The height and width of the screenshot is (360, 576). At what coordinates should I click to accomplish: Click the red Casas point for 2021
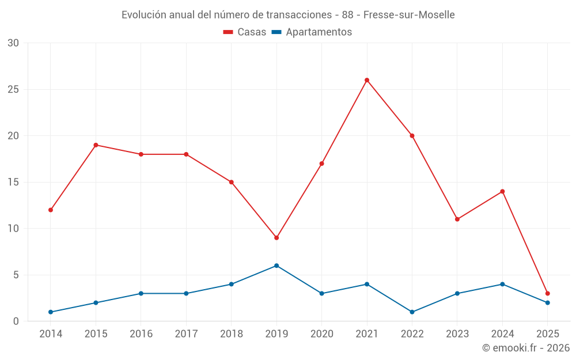pyautogui.click(x=367, y=80)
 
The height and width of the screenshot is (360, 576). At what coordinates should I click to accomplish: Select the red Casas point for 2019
pyautogui.click(x=276, y=238)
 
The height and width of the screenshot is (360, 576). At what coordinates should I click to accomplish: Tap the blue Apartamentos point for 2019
pyautogui.click(x=276, y=266)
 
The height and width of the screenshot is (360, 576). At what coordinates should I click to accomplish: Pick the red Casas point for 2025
pyautogui.click(x=547, y=293)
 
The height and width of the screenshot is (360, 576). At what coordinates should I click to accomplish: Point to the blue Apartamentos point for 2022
pyautogui.click(x=412, y=312)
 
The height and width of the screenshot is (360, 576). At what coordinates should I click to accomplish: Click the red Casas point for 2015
pyautogui.click(x=96, y=145)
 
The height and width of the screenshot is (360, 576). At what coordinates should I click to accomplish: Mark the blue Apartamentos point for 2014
pyautogui.click(x=51, y=312)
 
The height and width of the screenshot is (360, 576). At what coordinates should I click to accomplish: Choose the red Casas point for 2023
pyautogui.click(x=457, y=219)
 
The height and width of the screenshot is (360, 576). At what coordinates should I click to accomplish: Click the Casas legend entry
pyautogui.click(x=245, y=32)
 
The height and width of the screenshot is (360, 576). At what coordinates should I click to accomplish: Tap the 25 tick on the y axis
pyautogui.click(x=13, y=90)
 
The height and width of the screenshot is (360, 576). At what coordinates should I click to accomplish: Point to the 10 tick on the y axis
pyautogui.click(x=13, y=229)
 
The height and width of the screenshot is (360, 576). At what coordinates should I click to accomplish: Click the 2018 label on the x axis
pyautogui.click(x=231, y=334)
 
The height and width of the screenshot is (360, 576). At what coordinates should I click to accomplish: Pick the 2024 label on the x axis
pyautogui.click(x=502, y=334)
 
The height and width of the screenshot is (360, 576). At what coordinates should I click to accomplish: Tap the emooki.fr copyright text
pyautogui.click(x=526, y=348)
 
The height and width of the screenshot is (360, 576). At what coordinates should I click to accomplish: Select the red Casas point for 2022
pyautogui.click(x=412, y=136)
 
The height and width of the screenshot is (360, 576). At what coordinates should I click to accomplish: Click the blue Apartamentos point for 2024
pyautogui.click(x=502, y=284)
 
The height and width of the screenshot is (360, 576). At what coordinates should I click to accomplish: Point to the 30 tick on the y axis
pyautogui.click(x=13, y=43)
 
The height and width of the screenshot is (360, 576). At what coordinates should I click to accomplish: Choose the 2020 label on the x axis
pyautogui.click(x=321, y=334)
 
